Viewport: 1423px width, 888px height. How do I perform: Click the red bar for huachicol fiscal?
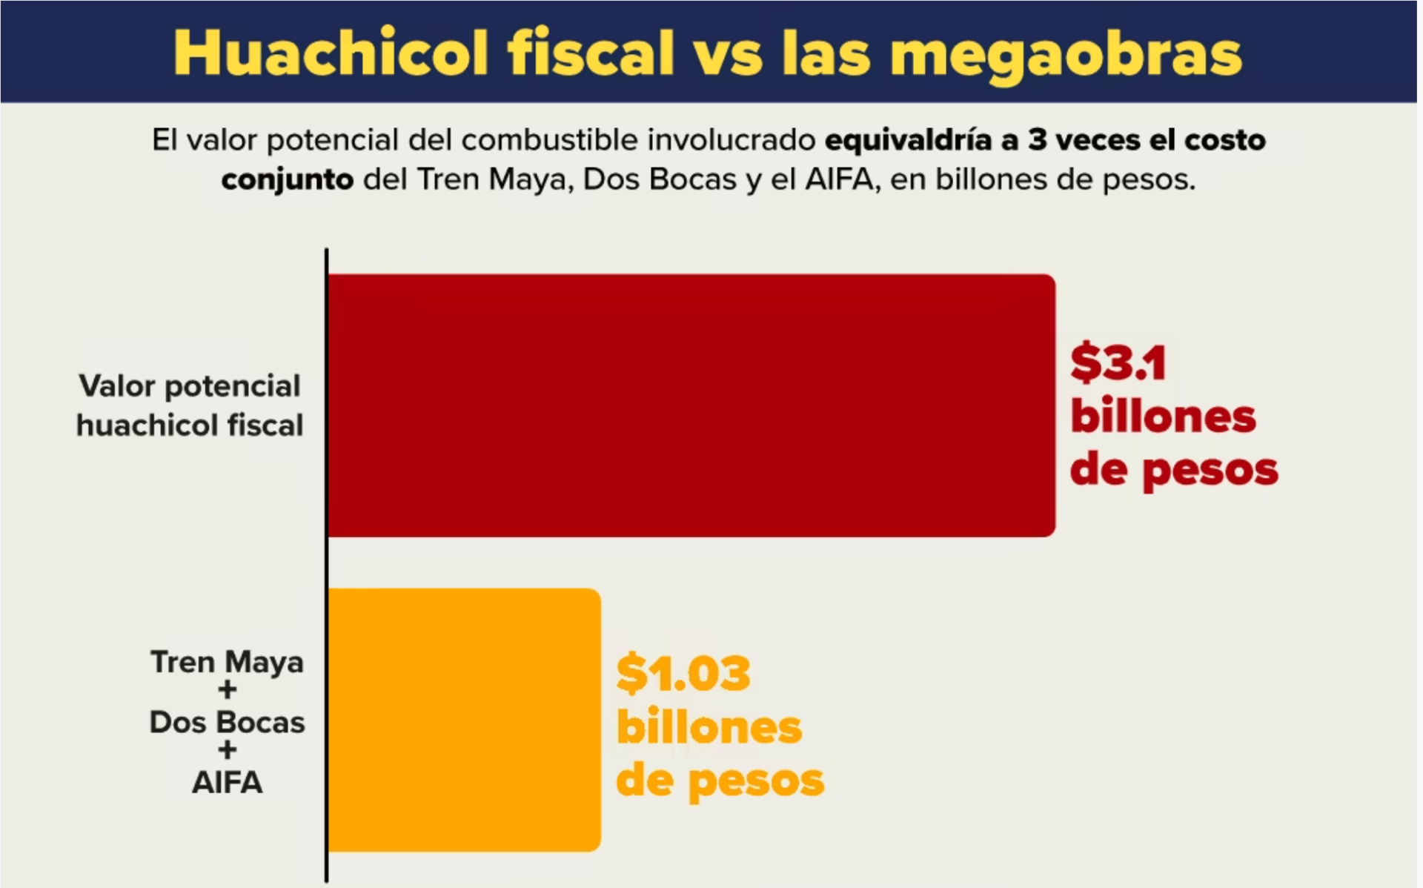(x=691, y=405)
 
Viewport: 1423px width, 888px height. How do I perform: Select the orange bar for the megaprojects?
(x=465, y=720)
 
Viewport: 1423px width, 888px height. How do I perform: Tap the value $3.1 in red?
(x=1118, y=363)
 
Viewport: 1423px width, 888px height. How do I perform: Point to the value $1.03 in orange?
(x=683, y=673)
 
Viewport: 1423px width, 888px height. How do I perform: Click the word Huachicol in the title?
(x=331, y=53)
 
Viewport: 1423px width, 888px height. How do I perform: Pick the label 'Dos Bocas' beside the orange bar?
(x=227, y=722)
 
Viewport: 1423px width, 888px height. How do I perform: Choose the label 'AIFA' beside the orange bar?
(x=227, y=783)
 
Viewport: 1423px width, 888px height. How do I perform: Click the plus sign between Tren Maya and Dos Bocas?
(x=228, y=690)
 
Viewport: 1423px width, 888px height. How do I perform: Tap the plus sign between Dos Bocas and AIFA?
(x=228, y=750)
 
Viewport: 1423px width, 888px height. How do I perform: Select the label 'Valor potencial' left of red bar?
(x=190, y=386)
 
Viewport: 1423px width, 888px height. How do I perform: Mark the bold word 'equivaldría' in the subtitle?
(x=908, y=140)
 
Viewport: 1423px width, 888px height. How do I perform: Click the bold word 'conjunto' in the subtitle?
(x=287, y=180)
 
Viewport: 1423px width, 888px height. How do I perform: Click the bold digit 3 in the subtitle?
(x=1037, y=140)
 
